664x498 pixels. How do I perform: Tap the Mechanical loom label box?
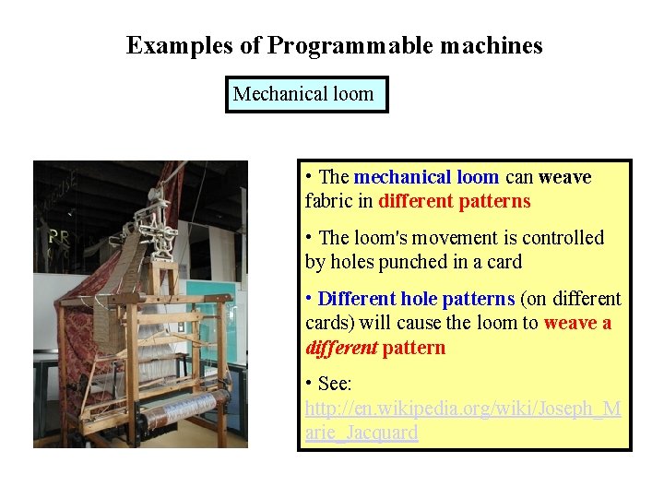(x=306, y=94)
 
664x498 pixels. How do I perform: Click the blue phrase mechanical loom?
(x=426, y=177)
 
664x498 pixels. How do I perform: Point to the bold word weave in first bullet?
(x=564, y=177)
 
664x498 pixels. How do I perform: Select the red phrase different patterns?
(x=455, y=201)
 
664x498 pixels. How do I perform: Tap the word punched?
(x=415, y=262)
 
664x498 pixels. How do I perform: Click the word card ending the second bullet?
(x=504, y=262)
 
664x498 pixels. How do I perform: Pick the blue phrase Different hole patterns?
(x=416, y=299)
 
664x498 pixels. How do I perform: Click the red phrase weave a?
(x=577, y=323)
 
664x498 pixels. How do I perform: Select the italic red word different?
(x=340, y=348)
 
